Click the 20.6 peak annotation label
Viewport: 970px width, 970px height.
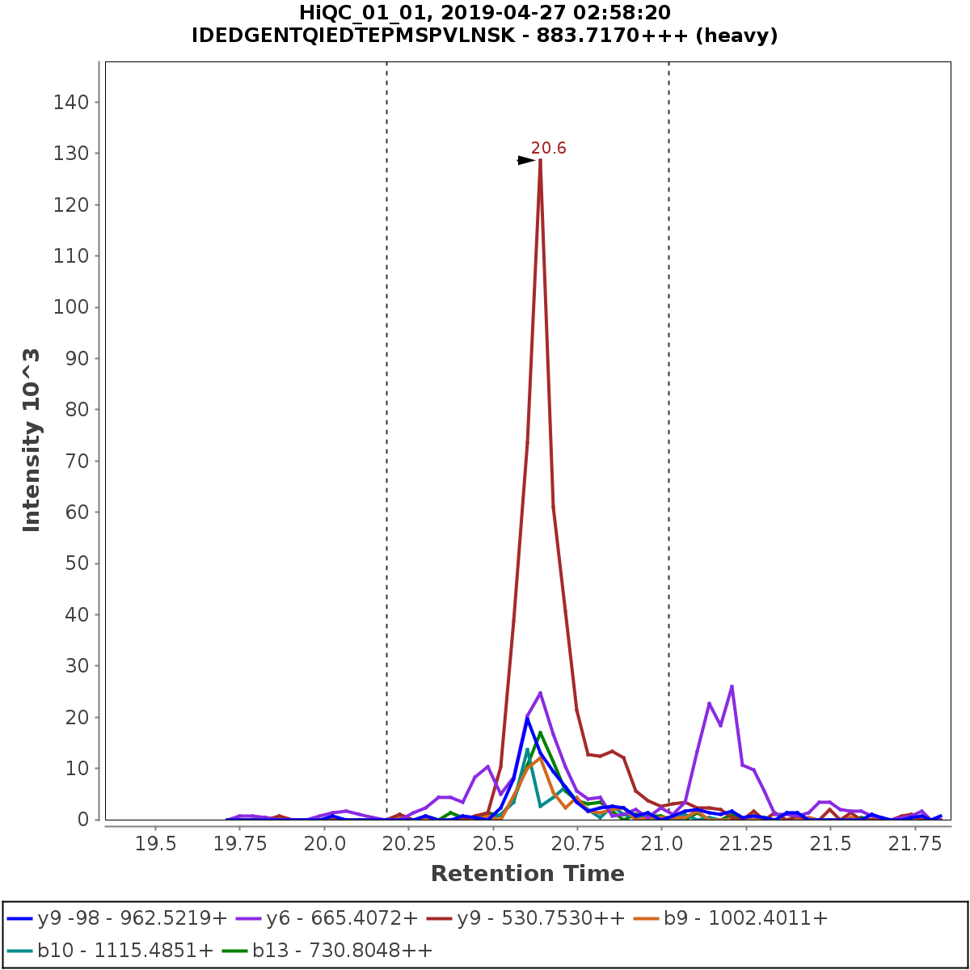pos(548,148)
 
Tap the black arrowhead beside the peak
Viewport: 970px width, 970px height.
pos(526,160)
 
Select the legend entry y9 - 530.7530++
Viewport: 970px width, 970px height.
pos(541,917)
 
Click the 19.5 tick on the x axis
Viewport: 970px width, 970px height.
pos(155,844)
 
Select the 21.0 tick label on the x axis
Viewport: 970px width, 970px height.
pos(661,844)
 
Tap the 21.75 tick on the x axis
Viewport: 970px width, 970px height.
pos(914,844)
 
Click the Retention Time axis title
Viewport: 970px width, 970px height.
pos(527,874)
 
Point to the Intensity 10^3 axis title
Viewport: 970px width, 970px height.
pos(32,441)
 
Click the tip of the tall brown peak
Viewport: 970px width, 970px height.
pos(540,160)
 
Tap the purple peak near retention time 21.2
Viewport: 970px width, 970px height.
pos(731,686)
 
